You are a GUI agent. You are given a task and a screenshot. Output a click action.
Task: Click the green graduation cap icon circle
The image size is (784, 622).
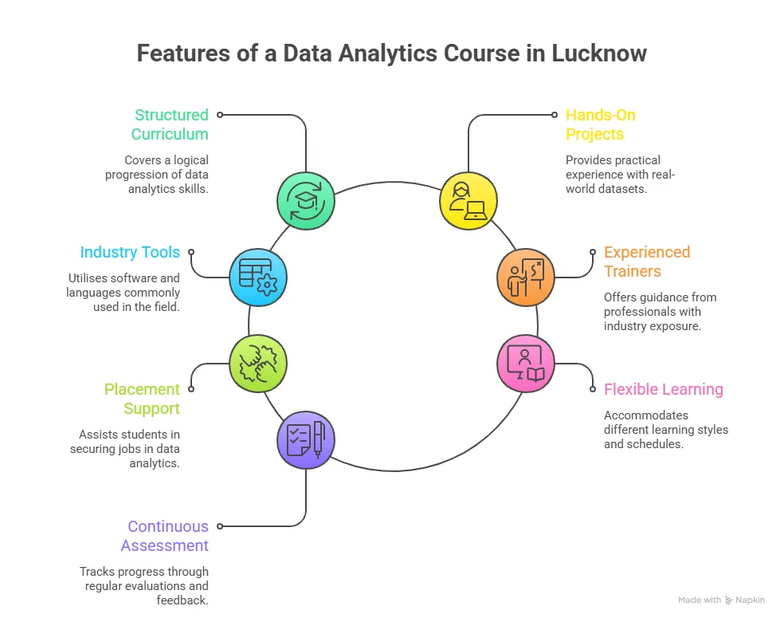306,201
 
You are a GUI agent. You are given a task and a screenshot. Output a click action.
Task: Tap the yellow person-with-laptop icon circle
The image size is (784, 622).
468,201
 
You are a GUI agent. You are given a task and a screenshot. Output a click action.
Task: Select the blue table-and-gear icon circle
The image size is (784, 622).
257,278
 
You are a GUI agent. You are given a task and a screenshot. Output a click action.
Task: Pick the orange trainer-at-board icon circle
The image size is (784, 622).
525,278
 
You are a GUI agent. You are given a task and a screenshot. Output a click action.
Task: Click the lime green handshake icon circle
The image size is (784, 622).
257,363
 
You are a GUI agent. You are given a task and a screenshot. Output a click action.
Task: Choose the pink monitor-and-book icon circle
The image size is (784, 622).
525,363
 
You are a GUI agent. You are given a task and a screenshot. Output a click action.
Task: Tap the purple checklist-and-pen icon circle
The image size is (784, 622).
306,440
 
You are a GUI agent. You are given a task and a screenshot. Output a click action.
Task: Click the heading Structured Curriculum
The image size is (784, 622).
171,124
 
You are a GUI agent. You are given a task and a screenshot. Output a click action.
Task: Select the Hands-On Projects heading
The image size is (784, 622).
601,124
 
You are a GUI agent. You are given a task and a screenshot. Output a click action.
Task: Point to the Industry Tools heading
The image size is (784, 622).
130,252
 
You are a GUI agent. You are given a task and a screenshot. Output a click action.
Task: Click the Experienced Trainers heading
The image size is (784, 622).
646,262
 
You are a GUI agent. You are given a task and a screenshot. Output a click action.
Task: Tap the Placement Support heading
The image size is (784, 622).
142,399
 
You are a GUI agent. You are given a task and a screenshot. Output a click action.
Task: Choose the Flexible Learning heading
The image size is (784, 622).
664,389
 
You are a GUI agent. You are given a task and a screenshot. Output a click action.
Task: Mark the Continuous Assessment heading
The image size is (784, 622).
165,536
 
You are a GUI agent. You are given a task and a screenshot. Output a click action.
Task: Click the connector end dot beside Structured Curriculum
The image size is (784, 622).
220,115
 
